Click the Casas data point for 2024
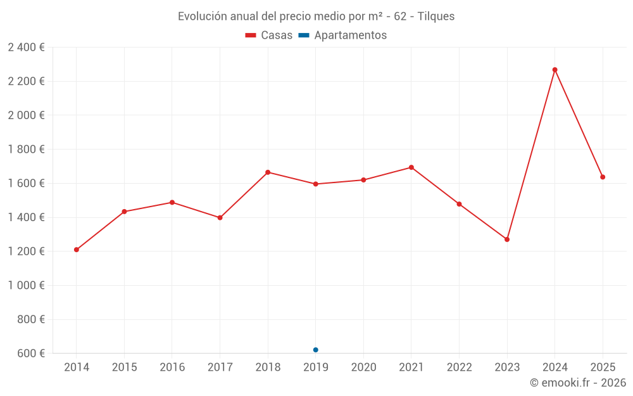pyautogui.click(x=555, y=70)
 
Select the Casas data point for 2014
pyautogui.click(x=77, y=250)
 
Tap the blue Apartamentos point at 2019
pyautogui.click(x=315, y=350)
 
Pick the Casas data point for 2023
pyautogui.click(x=507, y=240)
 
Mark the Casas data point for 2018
pyautogui.click(x=268, y=172)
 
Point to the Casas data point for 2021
pyautogui.click(x=411, y=167)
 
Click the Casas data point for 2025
pyautogui.click(x=603, y=177)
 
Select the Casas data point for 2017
pyautogui.click(x=220, y=217)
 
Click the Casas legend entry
pyautogui.click(x=269, y=35)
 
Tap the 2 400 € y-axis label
pyautogui.click(x=26, y=48)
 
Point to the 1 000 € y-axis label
pyautogui.click(x=26, y=285)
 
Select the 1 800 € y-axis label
pyautogui.click(x=26, y=150)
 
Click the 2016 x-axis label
pyautogui.click(x=172, y=367)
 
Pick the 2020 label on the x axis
pyautogui.click(x=363, y=367)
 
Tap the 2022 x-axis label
pyautogui.click(x=459, y=367)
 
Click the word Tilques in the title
pyautogui.click(x=436, y=16)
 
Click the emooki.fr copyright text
pyautogui.click(x=578, y=383)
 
